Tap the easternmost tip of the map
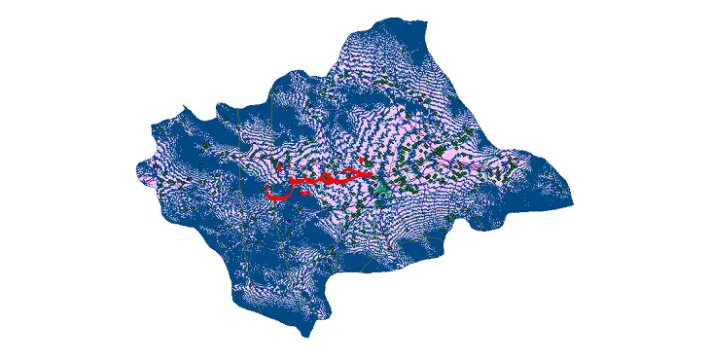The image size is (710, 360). pos(573,204)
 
